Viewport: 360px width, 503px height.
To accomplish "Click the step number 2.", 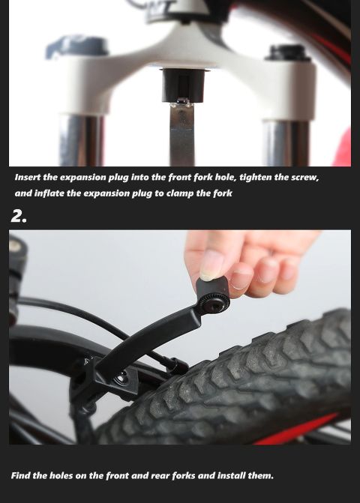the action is tap(19, 216).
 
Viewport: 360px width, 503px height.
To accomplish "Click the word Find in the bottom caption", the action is tap(20, 475).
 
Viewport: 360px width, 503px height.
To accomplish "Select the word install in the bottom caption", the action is tap(232, 475).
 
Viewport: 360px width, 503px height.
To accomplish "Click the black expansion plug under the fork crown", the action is tap(183, 85).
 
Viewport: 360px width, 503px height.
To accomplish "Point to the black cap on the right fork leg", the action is tap(287, 53).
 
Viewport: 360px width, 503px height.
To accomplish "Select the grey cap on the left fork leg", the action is tap(78, 48).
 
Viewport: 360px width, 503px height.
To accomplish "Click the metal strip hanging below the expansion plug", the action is tap(182, 133).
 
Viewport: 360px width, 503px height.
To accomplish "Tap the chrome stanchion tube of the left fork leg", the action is tap(82, 140).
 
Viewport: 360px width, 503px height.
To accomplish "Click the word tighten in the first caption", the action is tap(256, 178).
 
